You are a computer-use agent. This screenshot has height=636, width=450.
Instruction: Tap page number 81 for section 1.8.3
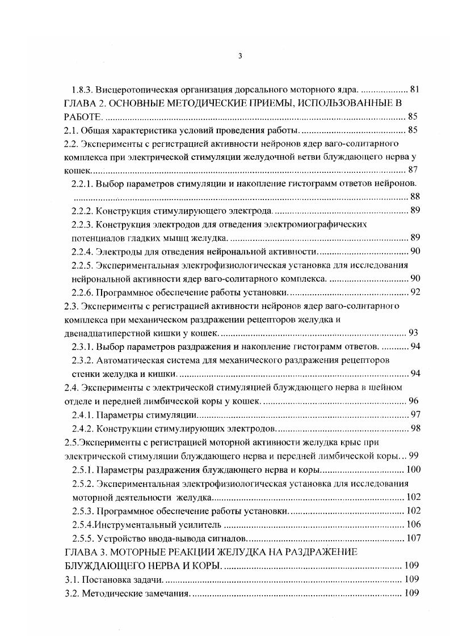(414, 90)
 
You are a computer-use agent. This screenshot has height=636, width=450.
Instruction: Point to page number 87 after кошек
(413, 170)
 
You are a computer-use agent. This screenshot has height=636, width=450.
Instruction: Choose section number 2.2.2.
(83, 211)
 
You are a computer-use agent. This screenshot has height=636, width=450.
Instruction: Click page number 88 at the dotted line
(414, 197)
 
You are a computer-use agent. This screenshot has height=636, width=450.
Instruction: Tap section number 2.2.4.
(83, 251)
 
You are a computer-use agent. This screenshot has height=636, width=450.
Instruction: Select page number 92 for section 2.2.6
(414, 292)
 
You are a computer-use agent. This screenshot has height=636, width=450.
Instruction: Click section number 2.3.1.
(83, 346)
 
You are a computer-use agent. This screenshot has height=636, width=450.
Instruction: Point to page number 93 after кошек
(414, 332)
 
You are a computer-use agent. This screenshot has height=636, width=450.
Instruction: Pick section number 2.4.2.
(83, 427)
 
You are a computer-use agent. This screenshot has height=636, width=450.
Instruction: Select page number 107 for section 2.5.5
(411, 537)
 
